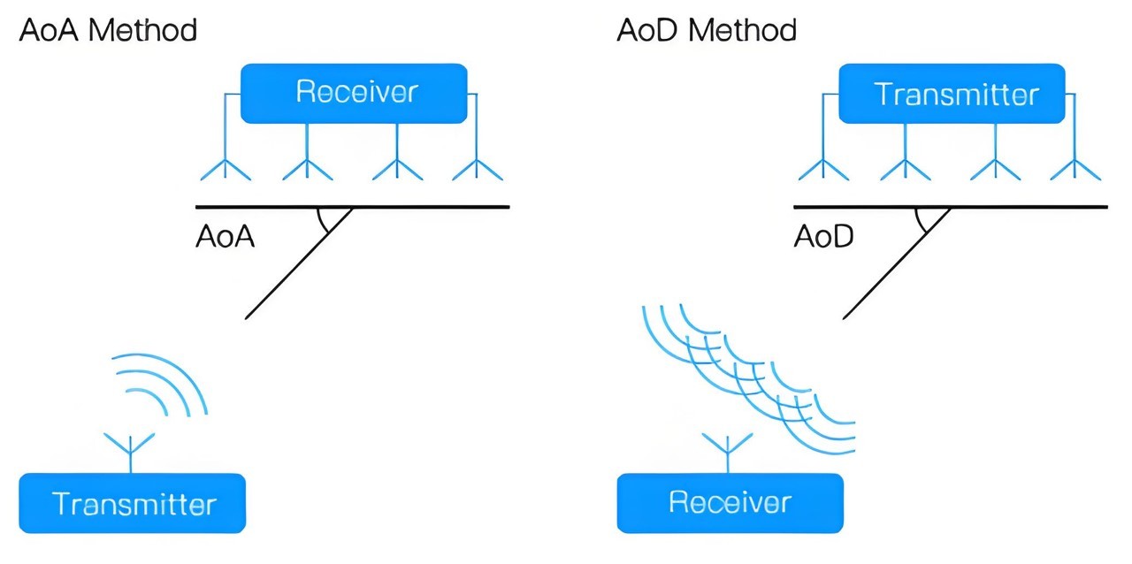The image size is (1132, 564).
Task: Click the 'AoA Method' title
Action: point(108,31)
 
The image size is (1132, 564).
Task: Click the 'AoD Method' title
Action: point(707,31)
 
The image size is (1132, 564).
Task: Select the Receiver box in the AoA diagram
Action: point(355,92)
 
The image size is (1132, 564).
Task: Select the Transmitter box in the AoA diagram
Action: point(133,503)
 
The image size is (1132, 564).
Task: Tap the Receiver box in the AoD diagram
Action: point(730,502)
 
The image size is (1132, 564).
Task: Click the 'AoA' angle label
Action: point(225,237)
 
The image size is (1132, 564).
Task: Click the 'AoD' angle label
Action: point(823,237)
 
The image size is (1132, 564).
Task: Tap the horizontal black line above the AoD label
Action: point(1017,207)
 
